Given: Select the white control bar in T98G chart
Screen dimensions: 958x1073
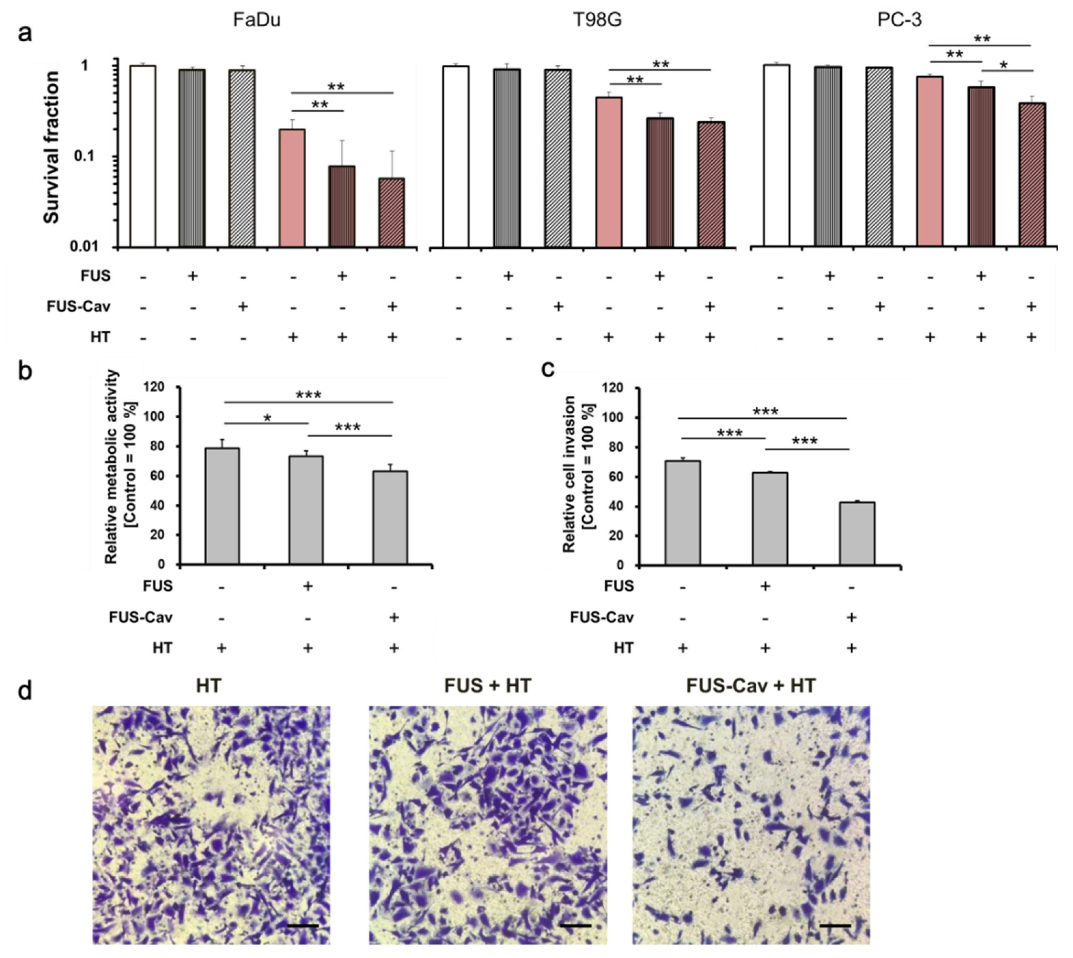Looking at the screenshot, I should tap(456, 156).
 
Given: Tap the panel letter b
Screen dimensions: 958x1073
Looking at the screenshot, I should tap(25, 371).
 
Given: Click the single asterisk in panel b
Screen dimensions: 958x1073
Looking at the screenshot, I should tap(267, 419).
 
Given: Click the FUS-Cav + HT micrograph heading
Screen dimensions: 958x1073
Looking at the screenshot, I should tap(751, 686).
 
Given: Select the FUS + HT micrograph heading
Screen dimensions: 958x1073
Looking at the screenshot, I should tap(488, 686).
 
